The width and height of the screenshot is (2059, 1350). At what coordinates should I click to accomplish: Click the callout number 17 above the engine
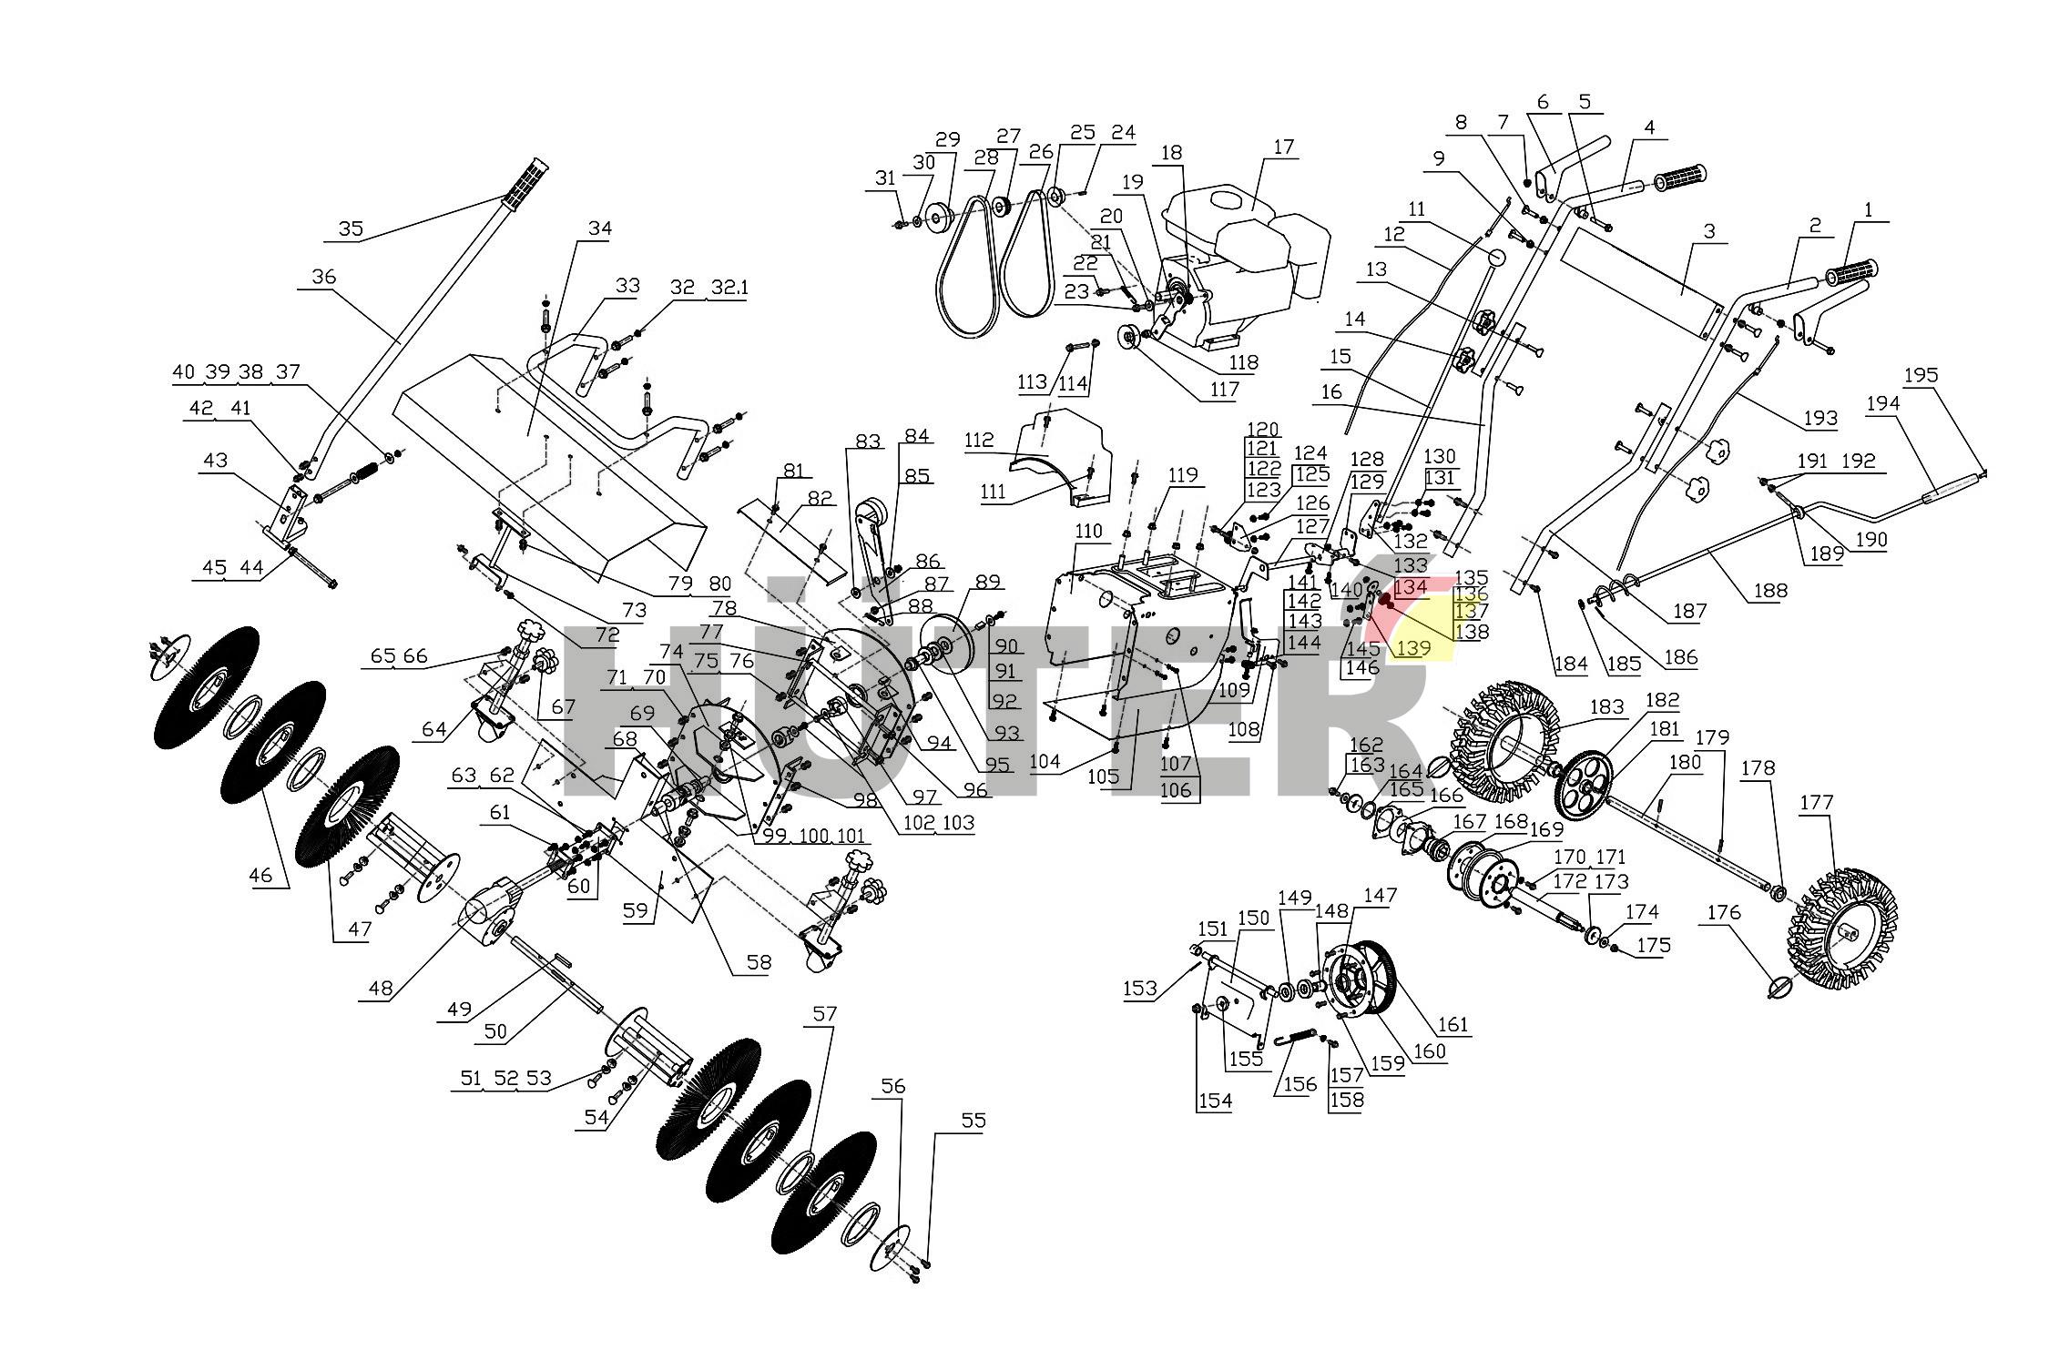click(1283, 147)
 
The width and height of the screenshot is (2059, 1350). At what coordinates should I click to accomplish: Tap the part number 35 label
click(351, 228)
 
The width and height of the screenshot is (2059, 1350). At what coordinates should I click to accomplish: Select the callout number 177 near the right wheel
click(1817, 803)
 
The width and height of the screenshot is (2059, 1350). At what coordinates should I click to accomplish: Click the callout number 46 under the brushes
click(260, 876)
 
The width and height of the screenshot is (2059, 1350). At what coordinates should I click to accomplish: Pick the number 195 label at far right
click(1921, 375)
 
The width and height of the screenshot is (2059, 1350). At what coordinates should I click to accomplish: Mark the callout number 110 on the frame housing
click(1088, 531)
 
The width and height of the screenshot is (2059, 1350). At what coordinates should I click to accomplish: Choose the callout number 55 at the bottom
click(973, 1120)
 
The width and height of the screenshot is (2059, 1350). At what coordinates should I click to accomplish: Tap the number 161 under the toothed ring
click(1453, 1025)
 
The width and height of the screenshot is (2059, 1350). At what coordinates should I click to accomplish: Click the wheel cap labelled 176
click(1783, 986)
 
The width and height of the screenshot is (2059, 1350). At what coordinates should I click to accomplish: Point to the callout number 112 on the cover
click(979, 441)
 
